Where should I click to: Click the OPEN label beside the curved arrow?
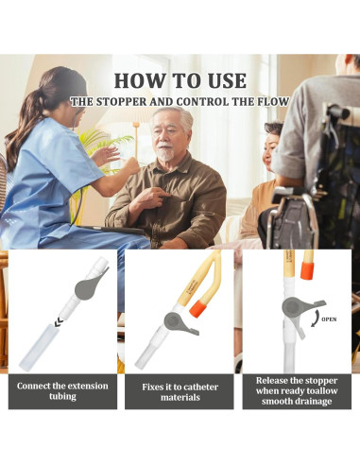click(x=329, y=319)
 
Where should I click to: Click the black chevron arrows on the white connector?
click(x=59, y=322)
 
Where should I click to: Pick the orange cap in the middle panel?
click(x=198, y=309)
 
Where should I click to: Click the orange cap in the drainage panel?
click(x=307, y=269)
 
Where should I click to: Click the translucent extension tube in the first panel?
click(x=36, y=347)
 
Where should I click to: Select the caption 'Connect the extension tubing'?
click(x=62, y=391)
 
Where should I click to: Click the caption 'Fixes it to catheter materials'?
click(x=180, y=392)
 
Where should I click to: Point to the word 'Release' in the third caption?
click(x=272, y=381)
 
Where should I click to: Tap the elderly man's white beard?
click(x=166, y=152)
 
